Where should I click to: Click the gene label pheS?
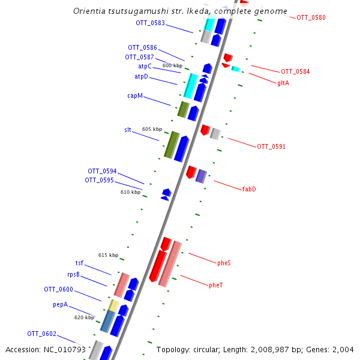tap(224, 263)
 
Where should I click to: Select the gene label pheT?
tap(216, 285)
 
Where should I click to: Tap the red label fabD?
tap(249, 189)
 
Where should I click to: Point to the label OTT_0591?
tap(271, 146)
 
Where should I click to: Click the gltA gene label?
tap(283, 83)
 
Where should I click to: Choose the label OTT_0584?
tap(295, 72)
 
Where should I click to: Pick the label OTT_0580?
tap(311, 18)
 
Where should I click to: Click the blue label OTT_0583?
tap(150, 23)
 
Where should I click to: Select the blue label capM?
tap(135, 96)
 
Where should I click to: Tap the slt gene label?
tap(128, 130)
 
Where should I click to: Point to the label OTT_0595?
tap(99, 180)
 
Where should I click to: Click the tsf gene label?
tap(79, 263)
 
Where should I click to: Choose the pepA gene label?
tap(60, 305)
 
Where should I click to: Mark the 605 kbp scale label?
tap(152, 129)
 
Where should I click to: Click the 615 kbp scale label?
tap(109, 255)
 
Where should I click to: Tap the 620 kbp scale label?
tap(84, 317)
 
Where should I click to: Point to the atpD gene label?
tap(141, 77)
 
